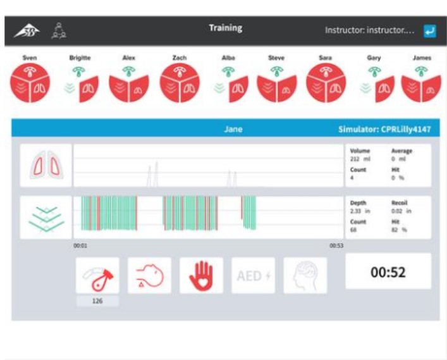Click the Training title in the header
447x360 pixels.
[x=225, y=28]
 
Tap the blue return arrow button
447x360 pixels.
[x=431, y=30]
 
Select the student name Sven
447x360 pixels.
[x=30, y=58]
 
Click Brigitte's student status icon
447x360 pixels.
[x=80, y=83]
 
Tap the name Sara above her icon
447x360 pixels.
[x=325, y=58]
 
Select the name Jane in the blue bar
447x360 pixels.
[x=233, y=129]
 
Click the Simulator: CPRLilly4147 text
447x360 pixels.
[x=384, y=129]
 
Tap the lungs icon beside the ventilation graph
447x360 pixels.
[x=46, y=166]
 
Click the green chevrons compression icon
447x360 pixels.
[x=46, y=217]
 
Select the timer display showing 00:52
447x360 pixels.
[x=388, y=273]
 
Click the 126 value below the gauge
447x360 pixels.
[x=97, y=301]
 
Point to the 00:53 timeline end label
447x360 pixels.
[x=336, y=245]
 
